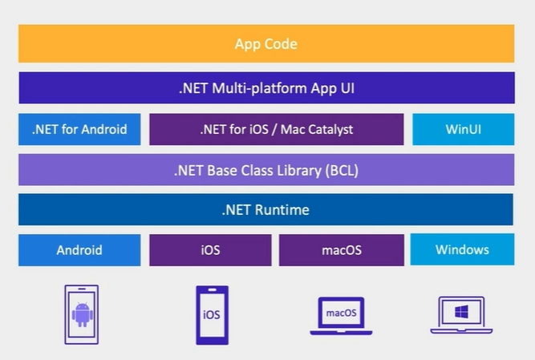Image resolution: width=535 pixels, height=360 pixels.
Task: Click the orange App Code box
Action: pos(266,43)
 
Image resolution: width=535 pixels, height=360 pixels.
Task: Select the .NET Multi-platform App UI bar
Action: pos(266,88)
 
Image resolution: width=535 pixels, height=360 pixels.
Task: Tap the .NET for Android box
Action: pos(79,129)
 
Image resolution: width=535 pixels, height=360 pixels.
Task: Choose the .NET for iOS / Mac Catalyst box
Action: pos(276,129)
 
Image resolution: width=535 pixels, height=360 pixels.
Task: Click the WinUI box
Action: pos(463,129)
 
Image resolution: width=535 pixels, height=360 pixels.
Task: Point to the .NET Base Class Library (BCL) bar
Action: pos(266,170)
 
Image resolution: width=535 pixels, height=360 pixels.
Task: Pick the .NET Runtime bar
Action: pos(266,210)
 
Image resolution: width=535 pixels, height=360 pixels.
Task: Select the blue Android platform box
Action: pos(79,249)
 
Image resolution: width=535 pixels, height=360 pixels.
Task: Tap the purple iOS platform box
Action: pos(210,249)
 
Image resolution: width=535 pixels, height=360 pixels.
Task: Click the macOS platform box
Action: pos(342,249)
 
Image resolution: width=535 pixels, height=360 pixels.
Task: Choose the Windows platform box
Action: pos(462,249)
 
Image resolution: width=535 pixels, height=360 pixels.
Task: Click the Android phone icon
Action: pos(81,313)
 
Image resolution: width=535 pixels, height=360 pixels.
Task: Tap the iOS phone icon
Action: pos(212,314)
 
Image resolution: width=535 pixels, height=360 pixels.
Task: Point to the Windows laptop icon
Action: pos(461,314)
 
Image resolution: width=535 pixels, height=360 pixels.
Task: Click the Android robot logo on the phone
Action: pos(81,313)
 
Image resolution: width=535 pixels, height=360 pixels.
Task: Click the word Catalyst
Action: pos(326,129)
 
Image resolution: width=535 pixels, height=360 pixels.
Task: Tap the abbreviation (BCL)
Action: pos(342,170)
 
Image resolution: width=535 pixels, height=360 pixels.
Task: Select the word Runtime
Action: pos(282,210)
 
